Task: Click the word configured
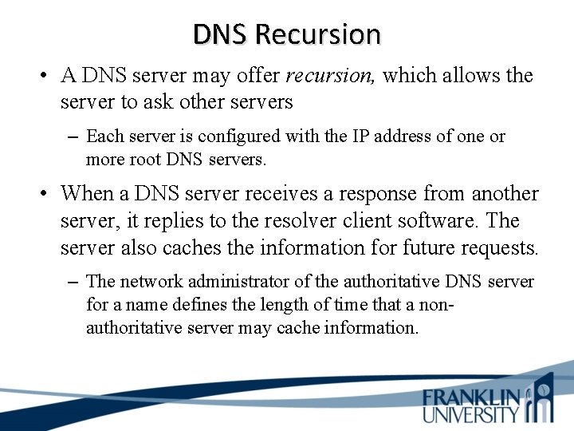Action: point(228,136)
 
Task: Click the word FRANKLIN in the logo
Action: point(472,397)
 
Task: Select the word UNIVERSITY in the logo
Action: point(471,413)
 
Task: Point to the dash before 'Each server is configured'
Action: point(73,136)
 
